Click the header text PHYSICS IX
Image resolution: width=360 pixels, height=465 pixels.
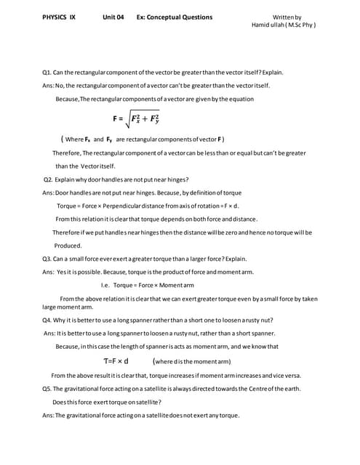click(x=59, y=16)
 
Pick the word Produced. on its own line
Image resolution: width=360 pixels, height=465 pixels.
click(x=68, y=246)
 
